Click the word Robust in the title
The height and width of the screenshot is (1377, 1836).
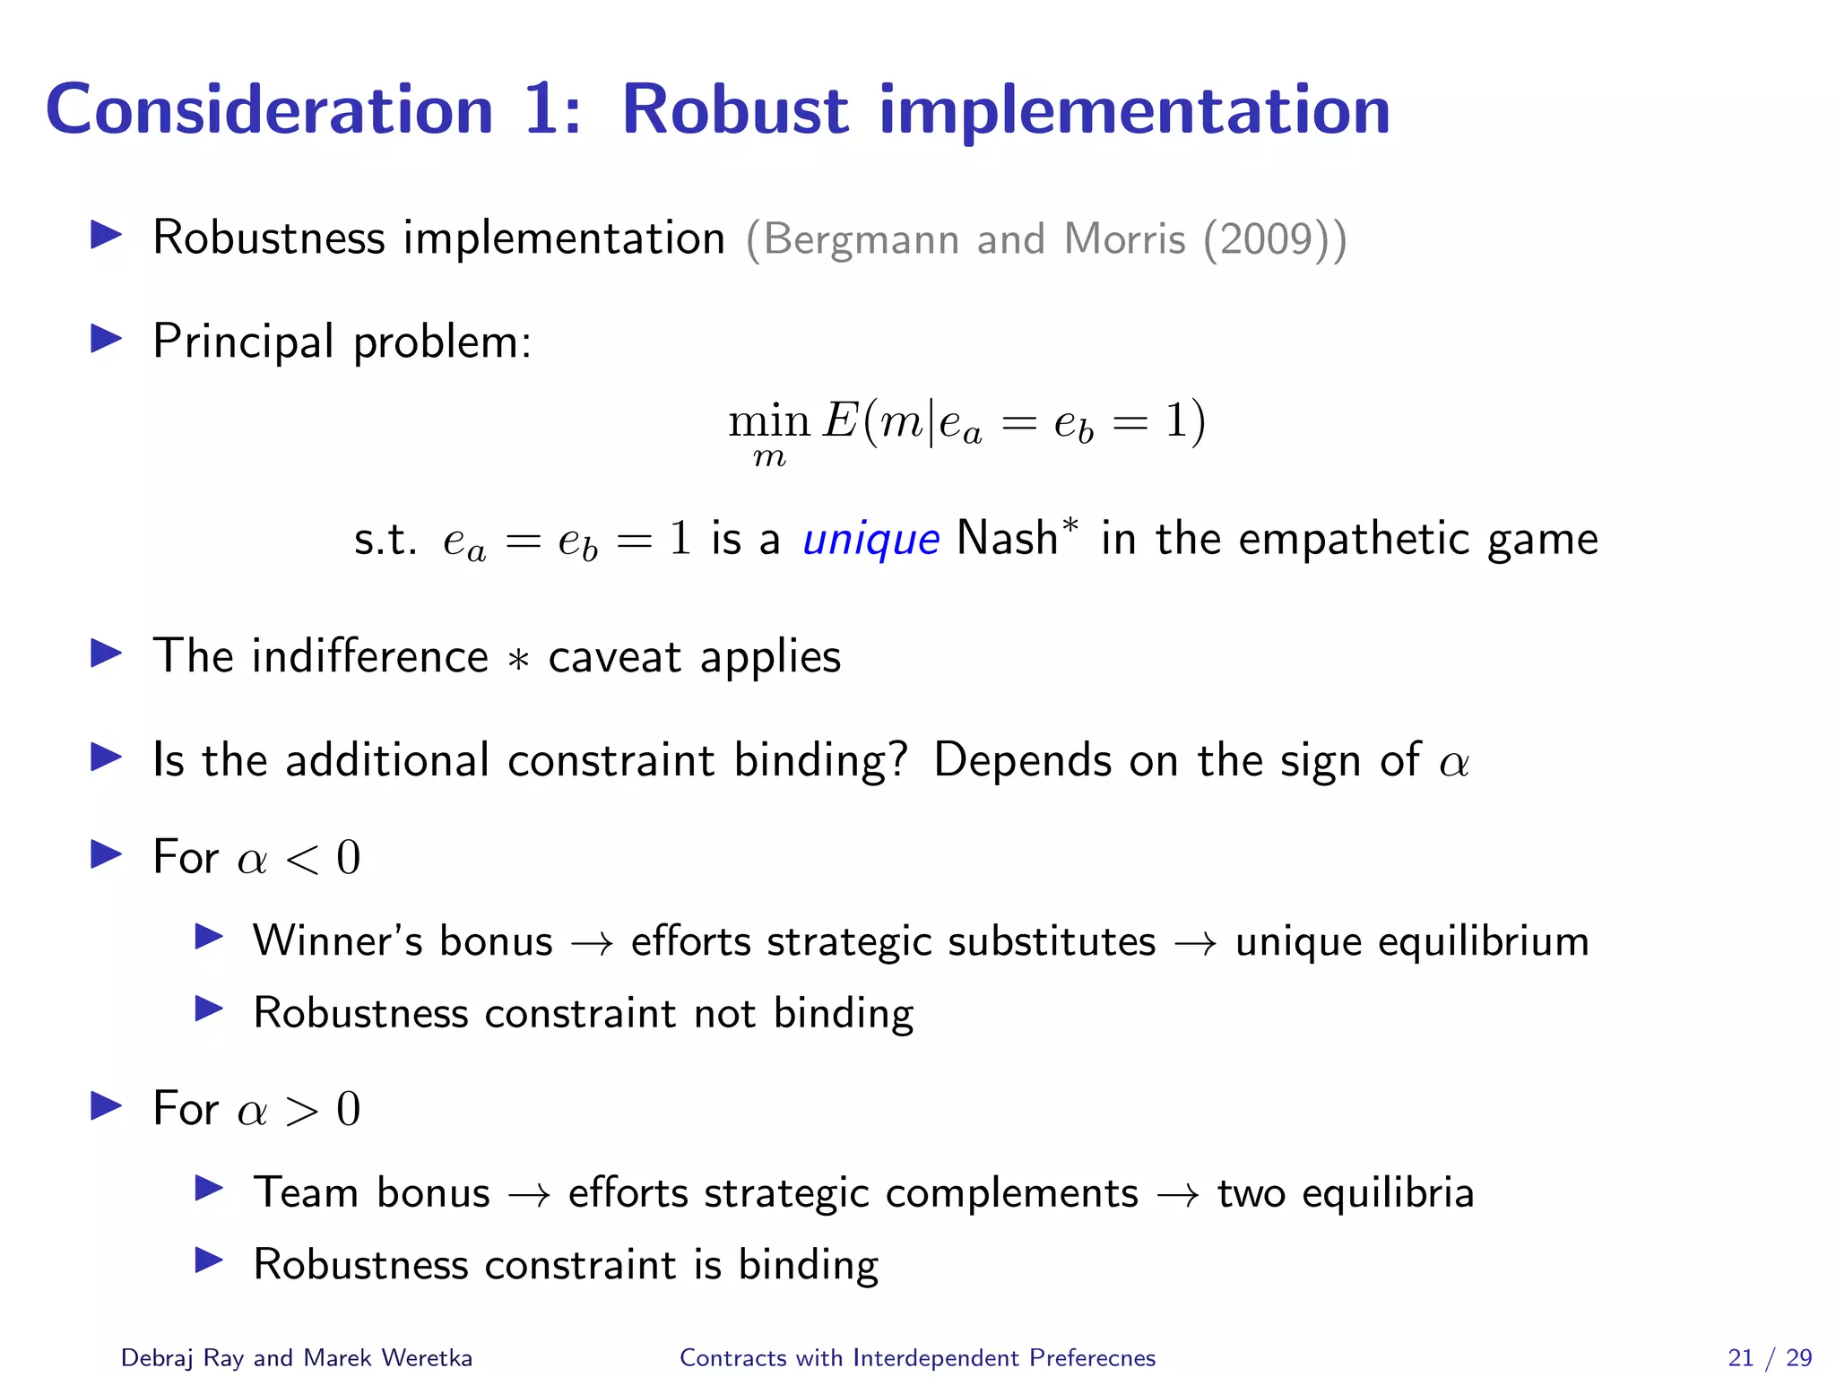pyautogui.click(x=734, y=110)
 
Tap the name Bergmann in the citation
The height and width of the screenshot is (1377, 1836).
pyautogui.click(x=862, y=239)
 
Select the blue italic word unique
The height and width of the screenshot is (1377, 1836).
pyautogui.click(x=870, y=540)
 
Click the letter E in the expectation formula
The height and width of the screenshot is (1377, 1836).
pyautogui.click(x=841, y=420)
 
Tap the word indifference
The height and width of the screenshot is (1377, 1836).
pyautogui.click(x=369, y=656)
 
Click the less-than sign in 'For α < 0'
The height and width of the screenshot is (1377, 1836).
pyautogui.click(x=302, y=860)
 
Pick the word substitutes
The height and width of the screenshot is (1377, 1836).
pyautogui.click(x=1052, y=941)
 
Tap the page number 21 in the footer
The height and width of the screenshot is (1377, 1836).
pyautogui.click(x=1740, y=1358)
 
